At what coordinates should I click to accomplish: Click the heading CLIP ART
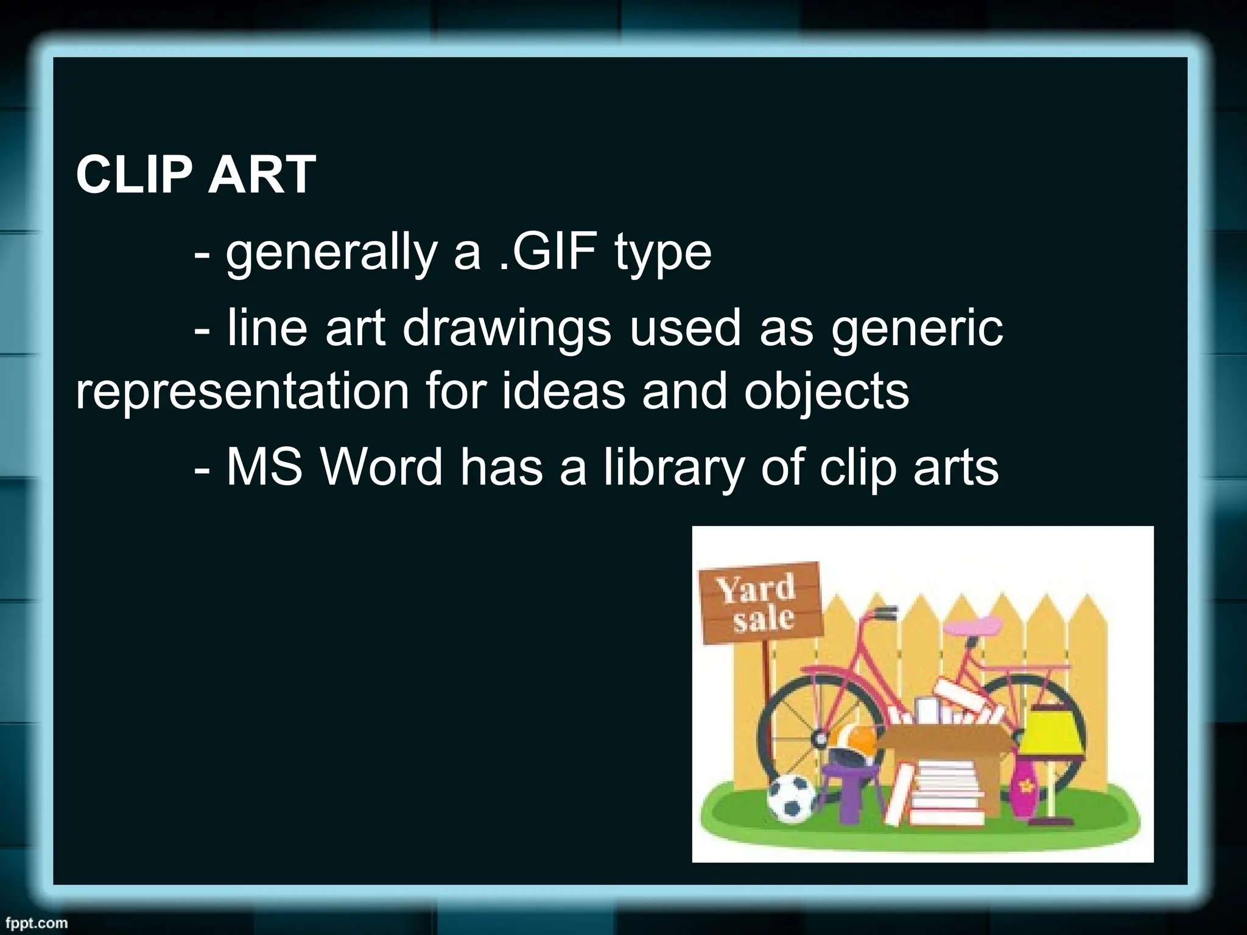click(195, 175)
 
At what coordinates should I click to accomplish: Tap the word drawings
click(507, 328)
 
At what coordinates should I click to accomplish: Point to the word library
click(673, 467)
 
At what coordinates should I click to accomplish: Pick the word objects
click(826, 393)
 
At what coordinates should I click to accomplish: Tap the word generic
click(916, 329)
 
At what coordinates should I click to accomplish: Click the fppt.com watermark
click(34, 923)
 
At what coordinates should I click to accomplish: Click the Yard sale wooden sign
click(760, 603)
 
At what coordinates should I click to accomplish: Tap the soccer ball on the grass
click(791, 798)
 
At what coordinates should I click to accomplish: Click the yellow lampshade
click(1050, 734)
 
